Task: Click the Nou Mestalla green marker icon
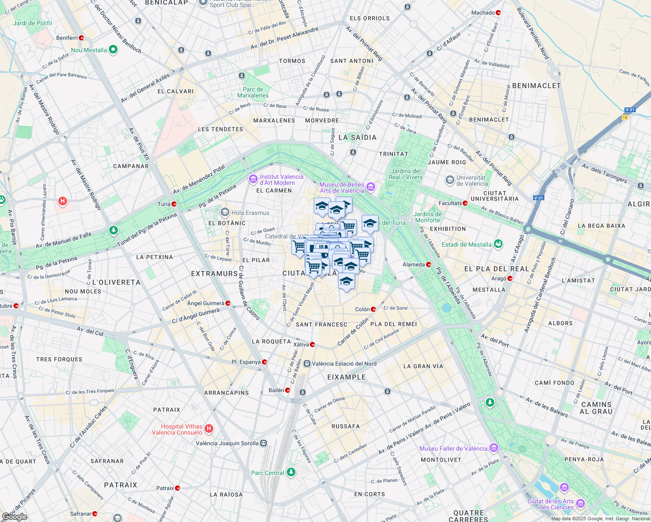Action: point(113,50)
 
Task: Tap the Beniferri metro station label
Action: point(67,38)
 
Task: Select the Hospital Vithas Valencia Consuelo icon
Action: point(209,429)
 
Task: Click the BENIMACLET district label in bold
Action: point(537,86)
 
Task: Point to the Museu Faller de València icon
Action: point(493,448)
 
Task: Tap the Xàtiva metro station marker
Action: point(312,345)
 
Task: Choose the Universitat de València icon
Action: point(450,180)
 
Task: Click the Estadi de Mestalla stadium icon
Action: point(498,244)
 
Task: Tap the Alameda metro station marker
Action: point(429,264)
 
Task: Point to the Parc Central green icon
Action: point(291,472)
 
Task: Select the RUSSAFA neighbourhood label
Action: point(346,426)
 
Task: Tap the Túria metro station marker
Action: point(174,204)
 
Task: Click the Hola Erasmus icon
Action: point(225,212)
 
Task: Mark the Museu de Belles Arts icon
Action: point(371,187)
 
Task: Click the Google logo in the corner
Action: point(15,516)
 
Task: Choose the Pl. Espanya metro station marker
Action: point(265,362)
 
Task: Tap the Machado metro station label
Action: point(483,13)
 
